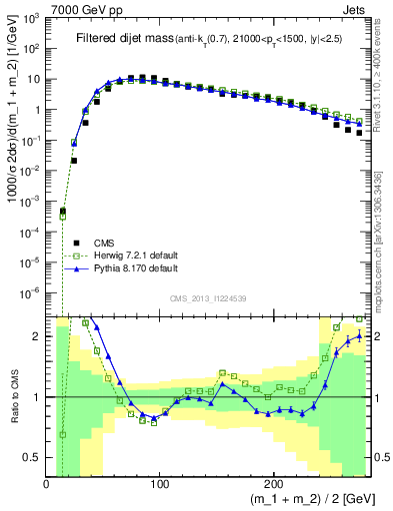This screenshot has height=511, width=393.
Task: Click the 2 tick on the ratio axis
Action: [38, 336]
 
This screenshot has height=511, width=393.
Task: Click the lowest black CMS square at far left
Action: [62, 212]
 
